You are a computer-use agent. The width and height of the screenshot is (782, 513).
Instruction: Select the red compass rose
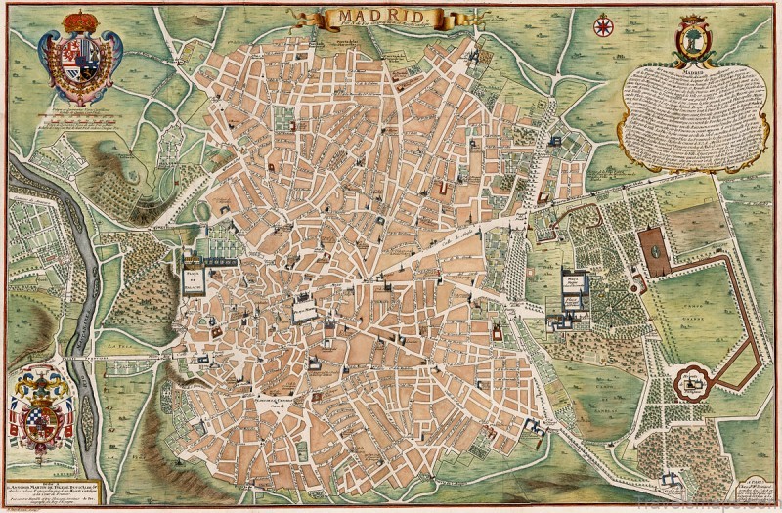point(604,25)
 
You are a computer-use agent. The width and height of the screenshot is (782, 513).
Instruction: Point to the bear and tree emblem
point(693,39)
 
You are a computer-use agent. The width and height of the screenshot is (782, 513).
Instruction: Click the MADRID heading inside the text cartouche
point(692,72)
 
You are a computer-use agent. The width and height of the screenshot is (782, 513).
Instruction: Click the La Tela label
point(120,343)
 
